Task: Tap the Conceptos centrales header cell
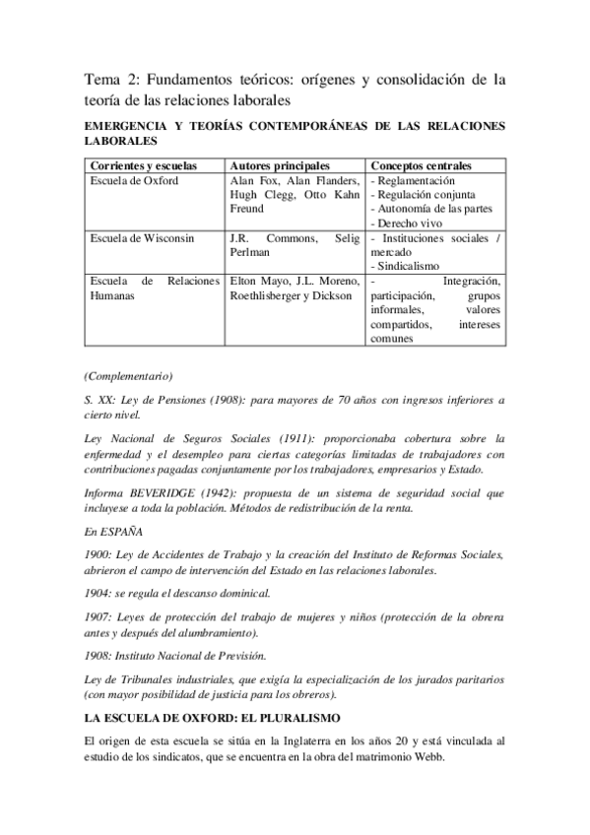[x=421, y=164]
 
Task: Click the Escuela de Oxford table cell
[x=129, y=181]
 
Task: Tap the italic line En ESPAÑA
[x=113, y=531]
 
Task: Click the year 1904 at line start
[x=98, y=594]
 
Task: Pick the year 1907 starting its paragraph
[x=98, y=616]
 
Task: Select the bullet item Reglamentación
[x=416, y=181]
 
